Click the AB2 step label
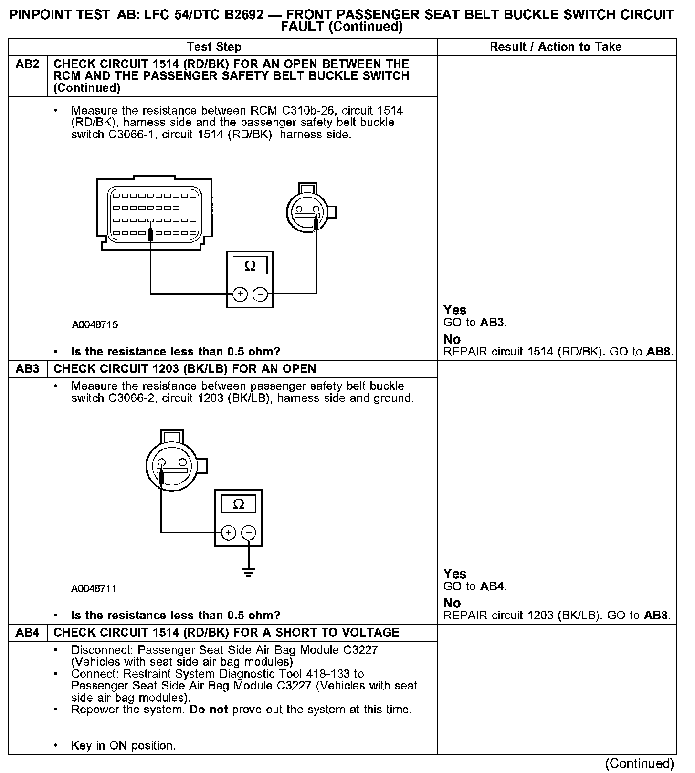(27, 64)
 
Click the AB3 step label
(27, 369)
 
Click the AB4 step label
(27, 633)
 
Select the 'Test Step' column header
(214, 47)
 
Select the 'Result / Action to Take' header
(556, 47)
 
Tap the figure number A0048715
(95, 325)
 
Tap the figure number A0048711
(94, 589)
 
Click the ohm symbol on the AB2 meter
(250, 266)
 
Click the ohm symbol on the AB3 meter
(238, 504)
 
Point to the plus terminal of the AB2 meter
(240, 294)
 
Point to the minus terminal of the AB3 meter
(249, 533)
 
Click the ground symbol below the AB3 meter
(248, 572)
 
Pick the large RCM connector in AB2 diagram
(154, 214)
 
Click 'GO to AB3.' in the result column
(475, 323)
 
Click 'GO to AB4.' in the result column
(475, 586)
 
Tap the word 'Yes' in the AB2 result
(455, 310)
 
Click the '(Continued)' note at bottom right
(639, 763)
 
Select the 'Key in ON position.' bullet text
(123, 746)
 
